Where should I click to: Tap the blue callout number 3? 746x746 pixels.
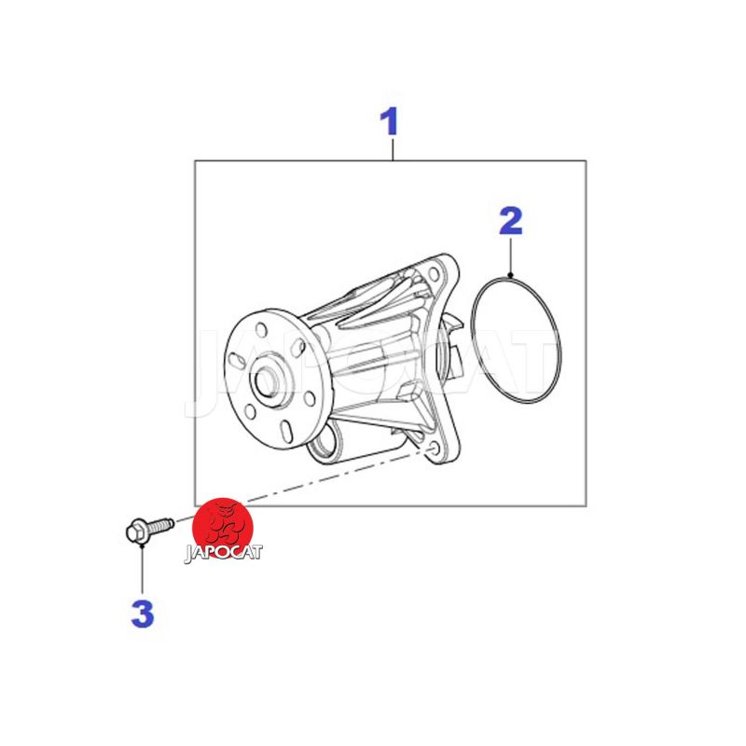[143, 613]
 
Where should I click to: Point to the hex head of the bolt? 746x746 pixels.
[135, 531]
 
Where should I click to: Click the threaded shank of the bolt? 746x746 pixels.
[159, 525]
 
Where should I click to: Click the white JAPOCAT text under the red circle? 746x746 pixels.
[223, 553]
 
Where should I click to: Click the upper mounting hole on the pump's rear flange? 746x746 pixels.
[434, 274]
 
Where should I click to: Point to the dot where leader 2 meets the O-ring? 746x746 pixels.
[510, 275]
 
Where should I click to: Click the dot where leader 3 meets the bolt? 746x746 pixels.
[142, 546]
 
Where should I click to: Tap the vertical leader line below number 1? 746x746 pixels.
[393, 148]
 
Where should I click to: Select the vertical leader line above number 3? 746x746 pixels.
[142, 571]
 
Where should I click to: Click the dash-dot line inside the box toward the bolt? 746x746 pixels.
[333, 477]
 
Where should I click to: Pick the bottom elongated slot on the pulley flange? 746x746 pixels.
[286, 432]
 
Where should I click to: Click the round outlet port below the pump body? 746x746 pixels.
[324, 444]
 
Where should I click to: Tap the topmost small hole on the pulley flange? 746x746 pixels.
[261, 330]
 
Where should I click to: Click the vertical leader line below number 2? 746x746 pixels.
[510, 256]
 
